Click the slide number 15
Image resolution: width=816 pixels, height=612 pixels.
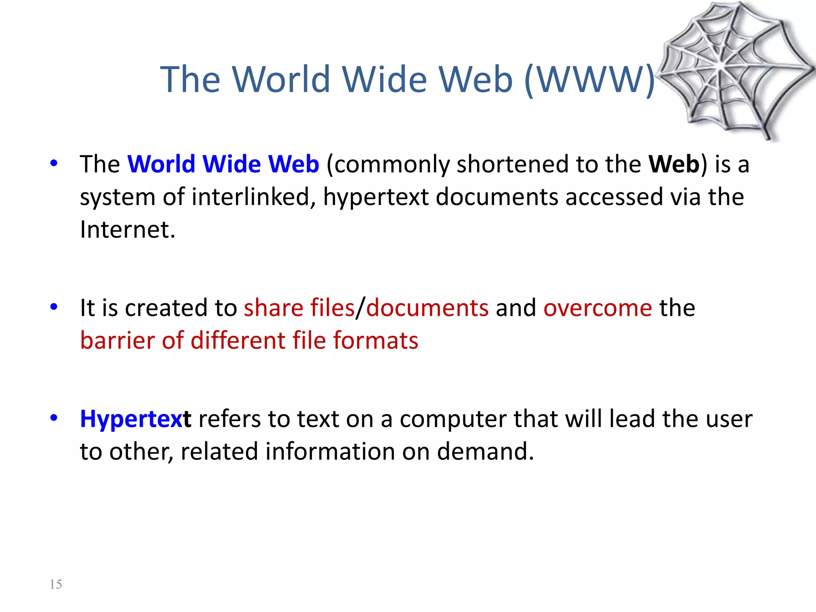(56, 584)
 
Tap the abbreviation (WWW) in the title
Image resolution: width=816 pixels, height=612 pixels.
(590, 80)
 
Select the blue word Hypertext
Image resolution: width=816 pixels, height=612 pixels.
(135, 419)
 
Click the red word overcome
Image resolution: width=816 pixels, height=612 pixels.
(598, 308)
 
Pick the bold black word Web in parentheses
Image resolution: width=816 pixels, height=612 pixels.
(674, 164)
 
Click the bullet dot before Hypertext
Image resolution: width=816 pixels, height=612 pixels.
(54, 418)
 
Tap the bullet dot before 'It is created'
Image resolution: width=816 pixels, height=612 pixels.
(54, 307)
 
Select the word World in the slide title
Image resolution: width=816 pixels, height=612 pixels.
(281, 80)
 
